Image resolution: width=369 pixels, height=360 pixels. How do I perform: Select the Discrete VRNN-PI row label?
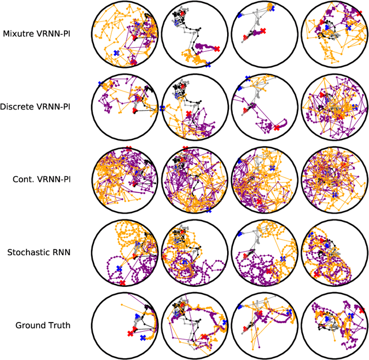coord(44,107)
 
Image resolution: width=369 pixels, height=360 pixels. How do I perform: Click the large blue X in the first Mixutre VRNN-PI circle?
coord(116,53)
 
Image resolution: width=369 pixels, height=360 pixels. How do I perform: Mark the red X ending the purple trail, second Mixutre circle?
coord(216,49)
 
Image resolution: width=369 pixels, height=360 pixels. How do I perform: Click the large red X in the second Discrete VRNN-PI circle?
coord(189,115)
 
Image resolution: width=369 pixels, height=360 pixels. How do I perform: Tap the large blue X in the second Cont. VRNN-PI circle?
coord(208,211)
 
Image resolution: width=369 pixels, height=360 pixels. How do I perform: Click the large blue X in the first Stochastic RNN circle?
coord(119,269)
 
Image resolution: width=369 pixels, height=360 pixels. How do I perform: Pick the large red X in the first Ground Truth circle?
coord(129,333)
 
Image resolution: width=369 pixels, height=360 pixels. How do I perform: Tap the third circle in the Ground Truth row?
coord(265,325)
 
